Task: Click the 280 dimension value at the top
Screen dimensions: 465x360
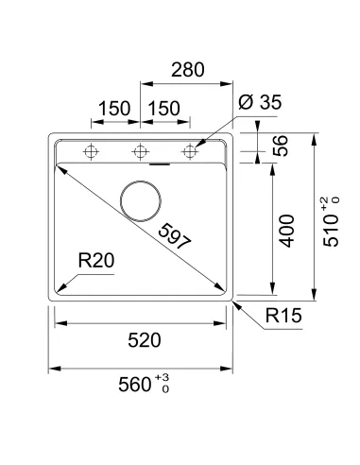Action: pyautogui.click(x=186, y=69)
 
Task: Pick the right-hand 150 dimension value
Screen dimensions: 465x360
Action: pyautogui.click(x=164, y=109)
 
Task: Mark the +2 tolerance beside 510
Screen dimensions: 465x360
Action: pyautogui.click(x=324, y=200)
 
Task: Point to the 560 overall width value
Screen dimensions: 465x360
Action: pyautogui.click(x=137, y=384)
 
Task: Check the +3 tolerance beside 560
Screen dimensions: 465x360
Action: pyautogui.click(x=164, y=377)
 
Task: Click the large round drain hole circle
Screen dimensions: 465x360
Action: pyautogui.click(x=143, y=199)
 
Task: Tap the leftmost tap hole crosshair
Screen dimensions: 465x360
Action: pyautogui.click(x=92, y=150)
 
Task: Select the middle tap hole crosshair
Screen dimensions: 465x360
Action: pyautogui.click(x=141, y=150)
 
